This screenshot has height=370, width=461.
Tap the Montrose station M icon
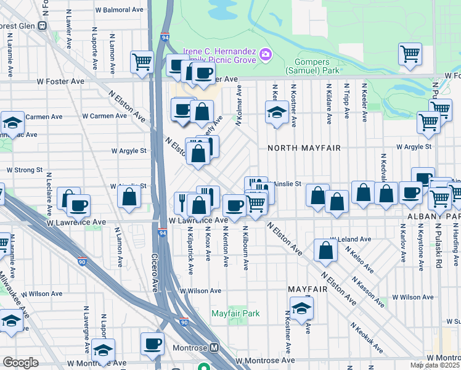(214, 348)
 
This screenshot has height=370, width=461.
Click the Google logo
(20, 363)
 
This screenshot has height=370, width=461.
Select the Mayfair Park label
(235, 313)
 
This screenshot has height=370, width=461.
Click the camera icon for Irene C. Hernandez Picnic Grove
(266, 54)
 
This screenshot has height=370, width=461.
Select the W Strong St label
(24, 170)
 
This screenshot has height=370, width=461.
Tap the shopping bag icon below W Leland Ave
(325, 250)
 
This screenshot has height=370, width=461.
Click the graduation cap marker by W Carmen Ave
(12, 122)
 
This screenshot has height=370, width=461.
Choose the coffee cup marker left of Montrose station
(152, 344)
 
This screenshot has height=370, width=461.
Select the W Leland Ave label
(351, 239)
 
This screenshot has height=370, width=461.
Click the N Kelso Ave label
(359, 260)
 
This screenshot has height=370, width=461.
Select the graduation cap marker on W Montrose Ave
(103, 351)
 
